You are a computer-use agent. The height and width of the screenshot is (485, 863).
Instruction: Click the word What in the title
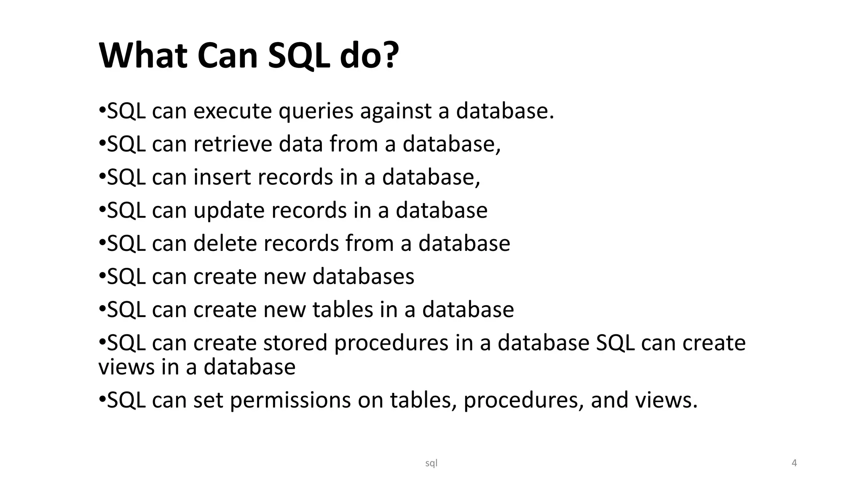click(x=143, y=56)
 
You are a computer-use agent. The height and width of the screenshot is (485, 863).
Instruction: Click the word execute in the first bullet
click(x=233, y=111)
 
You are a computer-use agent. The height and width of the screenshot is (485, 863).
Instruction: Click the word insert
click(x=222, y=177)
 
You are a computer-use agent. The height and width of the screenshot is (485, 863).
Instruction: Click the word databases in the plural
click(x=363, y=277)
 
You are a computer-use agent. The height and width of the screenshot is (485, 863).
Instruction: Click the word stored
click(x=295, y=342)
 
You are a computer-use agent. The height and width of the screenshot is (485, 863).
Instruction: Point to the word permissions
click(x=290, y=400)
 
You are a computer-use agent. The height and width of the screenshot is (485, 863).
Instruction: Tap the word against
click(x=396, y=112)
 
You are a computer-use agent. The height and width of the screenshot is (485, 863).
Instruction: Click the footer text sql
click(x=431, y=463)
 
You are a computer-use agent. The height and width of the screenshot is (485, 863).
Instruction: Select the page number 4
click(x=794, y=463)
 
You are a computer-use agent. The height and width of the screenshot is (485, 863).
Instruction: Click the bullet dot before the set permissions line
click(x=102, y=398)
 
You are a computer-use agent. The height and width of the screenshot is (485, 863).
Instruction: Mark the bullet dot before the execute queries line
click(x=102, y=110)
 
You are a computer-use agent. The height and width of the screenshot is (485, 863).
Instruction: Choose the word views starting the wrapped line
click(x=126, y=367)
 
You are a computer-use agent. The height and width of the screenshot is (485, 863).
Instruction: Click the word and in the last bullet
click(x=609, y=400)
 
